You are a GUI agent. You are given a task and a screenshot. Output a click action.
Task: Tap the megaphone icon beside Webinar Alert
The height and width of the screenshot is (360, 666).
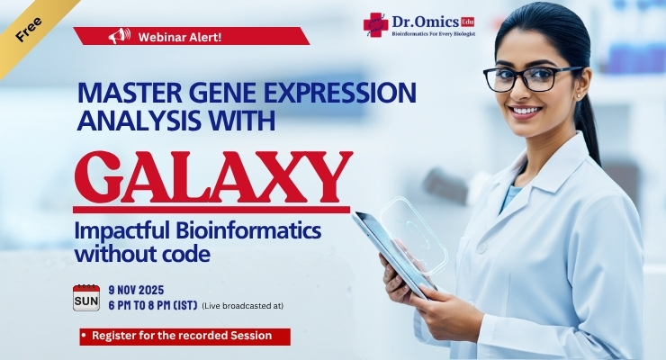(114, 37)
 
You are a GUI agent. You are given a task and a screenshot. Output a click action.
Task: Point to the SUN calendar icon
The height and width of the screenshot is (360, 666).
(85, 298)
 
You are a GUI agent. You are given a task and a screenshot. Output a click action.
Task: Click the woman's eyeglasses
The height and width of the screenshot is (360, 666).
(533, 77)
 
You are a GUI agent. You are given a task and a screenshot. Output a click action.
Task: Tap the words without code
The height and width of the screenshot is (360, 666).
(143, 254)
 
